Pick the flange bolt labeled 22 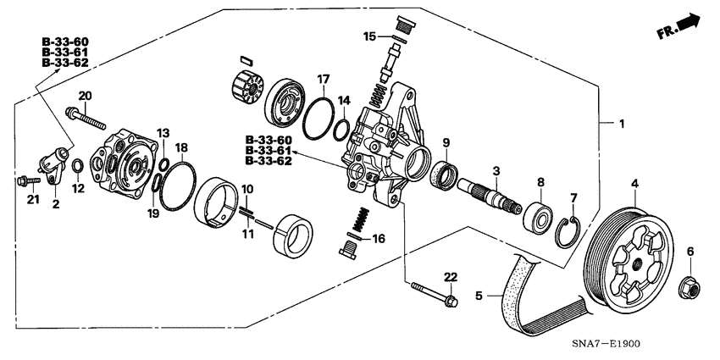click(x=433, y=293)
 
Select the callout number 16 click(x=377, y=240)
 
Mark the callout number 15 click(x=368, y=36)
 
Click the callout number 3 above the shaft click(x=497, y=171)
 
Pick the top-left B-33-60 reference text click(x=64, y=41)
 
